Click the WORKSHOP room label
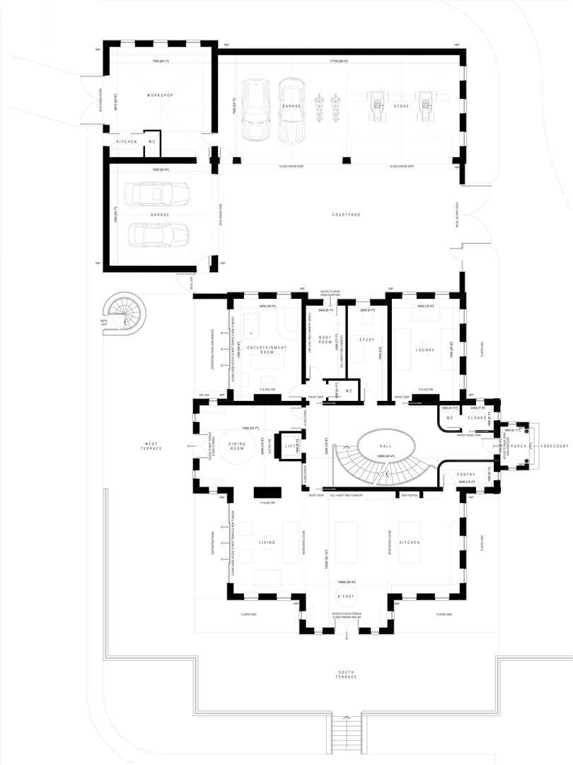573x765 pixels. (x=160, y=95)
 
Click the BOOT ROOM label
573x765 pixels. (x=325, y=340)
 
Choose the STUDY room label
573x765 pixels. (x=366, y=340)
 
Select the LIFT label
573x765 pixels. (x=289, y=446)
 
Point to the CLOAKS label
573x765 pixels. (x=477, y=418)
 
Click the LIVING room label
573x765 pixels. (x=266, y=543)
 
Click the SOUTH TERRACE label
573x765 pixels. (x=346, y=673)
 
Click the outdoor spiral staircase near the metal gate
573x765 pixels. (x=125, y=313)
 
